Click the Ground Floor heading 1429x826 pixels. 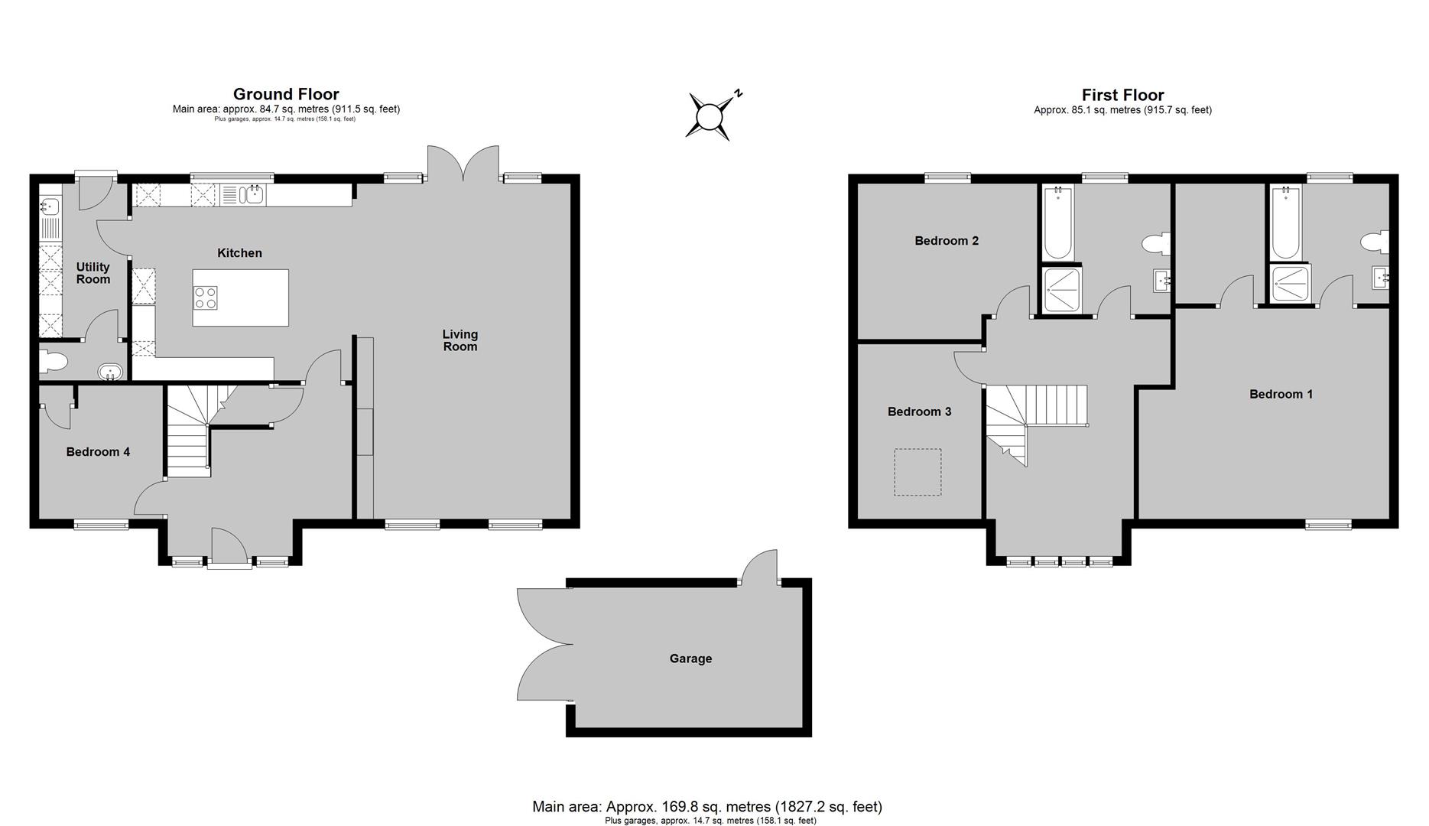(286, 94)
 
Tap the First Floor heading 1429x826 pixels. (1122, 95)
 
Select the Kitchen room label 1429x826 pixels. (239, 253)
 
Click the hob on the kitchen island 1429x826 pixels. (206, 298)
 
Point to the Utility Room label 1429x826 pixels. (93, 273)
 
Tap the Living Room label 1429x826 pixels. (460, 340)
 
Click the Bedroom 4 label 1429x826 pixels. (98, 452)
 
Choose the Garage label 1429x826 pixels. (690, 659)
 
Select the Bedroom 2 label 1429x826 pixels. (947, 241)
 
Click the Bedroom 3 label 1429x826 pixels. (919, 411)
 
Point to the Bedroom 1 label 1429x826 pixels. (1281, 395)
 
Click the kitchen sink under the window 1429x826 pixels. (253, 195)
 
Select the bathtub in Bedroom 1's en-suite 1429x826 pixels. (1284, 223)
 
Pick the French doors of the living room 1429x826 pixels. (463, 164)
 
